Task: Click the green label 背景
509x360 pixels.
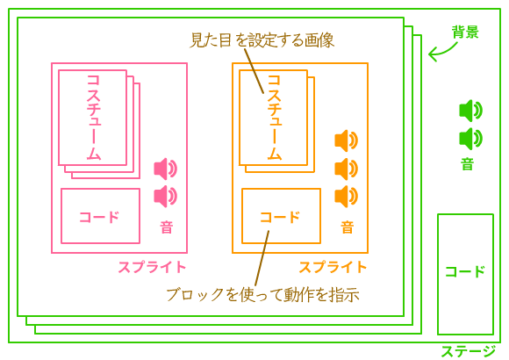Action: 465,32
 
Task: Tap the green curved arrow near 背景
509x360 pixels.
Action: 443,52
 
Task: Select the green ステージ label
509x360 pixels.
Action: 468,351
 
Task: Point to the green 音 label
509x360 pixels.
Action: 467,164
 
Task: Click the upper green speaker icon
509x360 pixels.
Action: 470,111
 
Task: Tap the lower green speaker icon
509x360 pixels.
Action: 470,139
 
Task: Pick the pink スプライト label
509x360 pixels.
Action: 152,267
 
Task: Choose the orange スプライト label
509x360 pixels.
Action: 333,267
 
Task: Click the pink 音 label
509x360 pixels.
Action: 166,227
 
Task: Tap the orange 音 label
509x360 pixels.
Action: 347,227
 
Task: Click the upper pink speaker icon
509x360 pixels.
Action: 166,169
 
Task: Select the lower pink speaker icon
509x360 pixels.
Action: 166,197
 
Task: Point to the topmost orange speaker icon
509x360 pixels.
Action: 347,140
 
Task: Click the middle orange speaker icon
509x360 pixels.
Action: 347,169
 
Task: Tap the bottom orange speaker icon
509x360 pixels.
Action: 347,197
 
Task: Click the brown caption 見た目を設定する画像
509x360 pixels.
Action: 262,40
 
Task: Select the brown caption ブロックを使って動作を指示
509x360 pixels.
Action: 263,294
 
